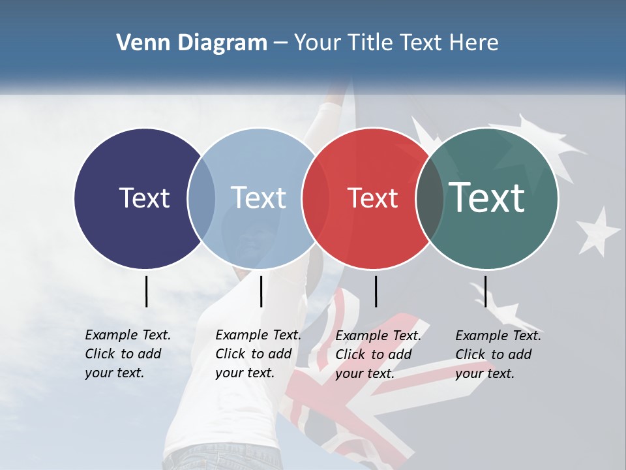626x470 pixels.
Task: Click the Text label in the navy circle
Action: point(144,198)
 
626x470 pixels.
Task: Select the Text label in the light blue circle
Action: point(258,198)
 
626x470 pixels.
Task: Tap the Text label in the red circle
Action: point(372,198)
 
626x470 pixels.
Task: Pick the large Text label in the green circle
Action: point(486,197)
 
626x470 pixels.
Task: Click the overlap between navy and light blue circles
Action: point(201,198)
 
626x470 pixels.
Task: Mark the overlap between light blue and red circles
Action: point(316,198)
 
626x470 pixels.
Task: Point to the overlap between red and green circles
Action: point(430,198)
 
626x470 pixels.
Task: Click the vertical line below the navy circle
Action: point(146,291)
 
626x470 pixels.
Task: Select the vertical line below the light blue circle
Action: point(261,291)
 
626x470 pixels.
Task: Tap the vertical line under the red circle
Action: point(376,291)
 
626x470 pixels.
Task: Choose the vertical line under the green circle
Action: point(485,291)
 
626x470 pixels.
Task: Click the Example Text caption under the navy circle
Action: point(127,354)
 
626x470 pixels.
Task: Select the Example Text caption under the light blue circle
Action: point(258,354)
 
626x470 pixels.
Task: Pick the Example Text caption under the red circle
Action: point(378,354)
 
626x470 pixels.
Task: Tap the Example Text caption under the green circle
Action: point(498,354)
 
